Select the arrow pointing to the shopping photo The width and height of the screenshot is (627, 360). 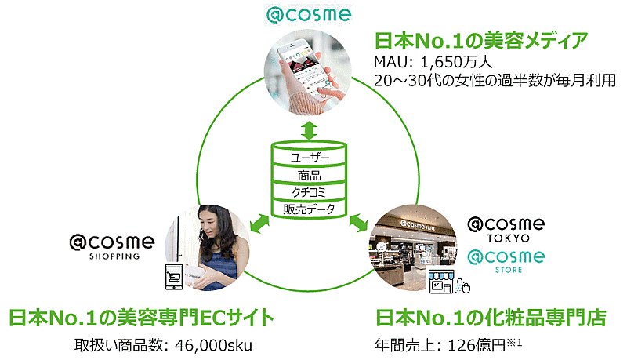[259, 224]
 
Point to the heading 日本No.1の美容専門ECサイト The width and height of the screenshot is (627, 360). [142, 318]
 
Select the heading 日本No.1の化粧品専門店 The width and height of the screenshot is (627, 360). [491, 318]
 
